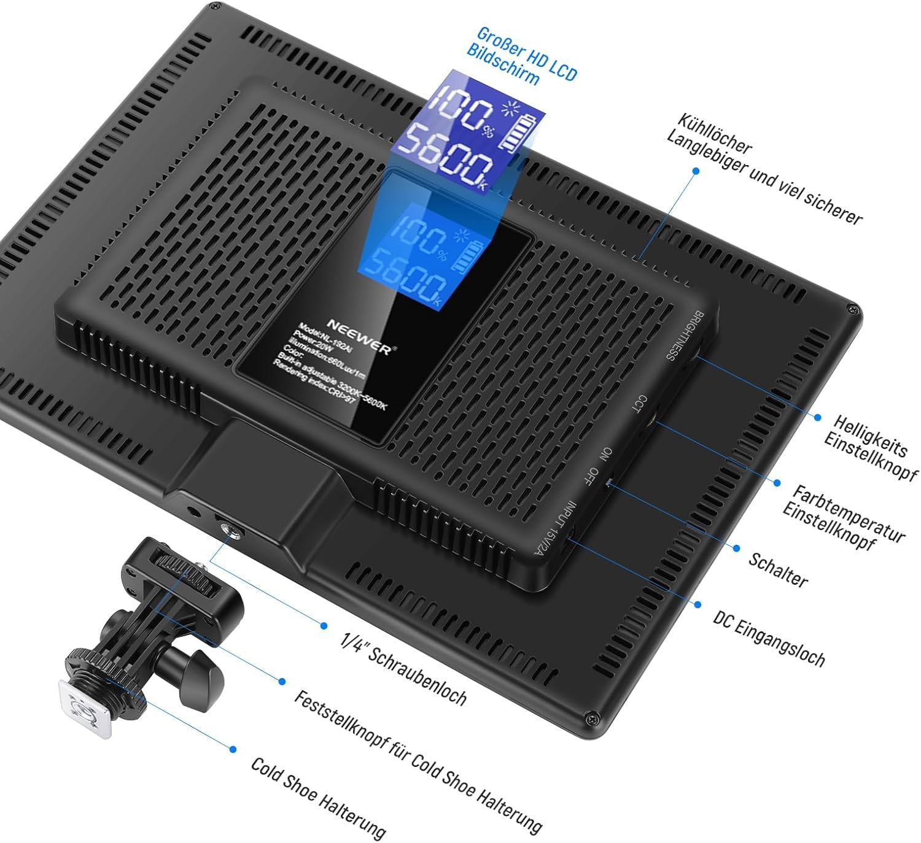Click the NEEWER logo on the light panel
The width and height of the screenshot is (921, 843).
(x=358, y=336)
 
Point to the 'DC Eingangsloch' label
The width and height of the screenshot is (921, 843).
(x=769, y=639)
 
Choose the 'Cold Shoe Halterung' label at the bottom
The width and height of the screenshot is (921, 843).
(x=318, y=797)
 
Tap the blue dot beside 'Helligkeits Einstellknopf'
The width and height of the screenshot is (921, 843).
(x=818, y=418)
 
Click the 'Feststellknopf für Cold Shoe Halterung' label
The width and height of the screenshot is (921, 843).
(x=418, y=761)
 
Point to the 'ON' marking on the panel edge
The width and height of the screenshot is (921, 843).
(x=606, y=455)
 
